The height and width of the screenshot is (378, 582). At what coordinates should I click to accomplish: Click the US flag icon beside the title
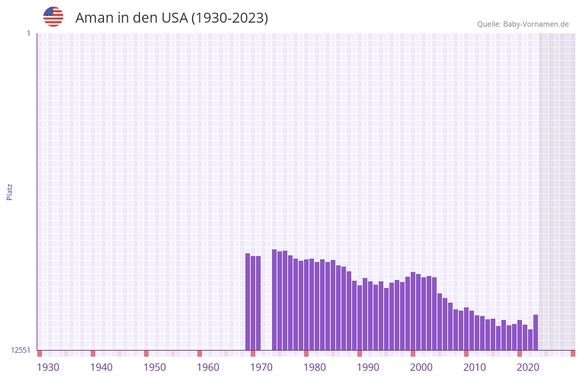click(x=53, y=17)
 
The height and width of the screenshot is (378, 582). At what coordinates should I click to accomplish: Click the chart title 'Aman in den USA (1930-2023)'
click(x=171, y=18)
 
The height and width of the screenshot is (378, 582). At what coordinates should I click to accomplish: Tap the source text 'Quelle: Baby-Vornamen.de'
click(x=523, y=24)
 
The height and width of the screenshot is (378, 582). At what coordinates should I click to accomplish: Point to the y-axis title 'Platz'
click(x=9, y=191)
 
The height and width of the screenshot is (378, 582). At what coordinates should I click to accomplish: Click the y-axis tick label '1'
click(x=28, y=33)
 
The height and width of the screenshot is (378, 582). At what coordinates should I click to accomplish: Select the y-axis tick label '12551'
click(x=21, y=350)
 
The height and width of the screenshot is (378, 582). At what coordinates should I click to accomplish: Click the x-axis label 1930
click(x=48, y=367)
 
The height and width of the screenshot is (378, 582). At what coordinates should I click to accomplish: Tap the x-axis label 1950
click(x=155, y=367)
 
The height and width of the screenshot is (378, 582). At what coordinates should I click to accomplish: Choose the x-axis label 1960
click(x=208, y=367)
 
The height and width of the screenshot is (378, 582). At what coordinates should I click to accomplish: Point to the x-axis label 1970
click(x=261, y=367)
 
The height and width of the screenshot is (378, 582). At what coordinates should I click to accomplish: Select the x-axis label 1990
click(x=368, y=367)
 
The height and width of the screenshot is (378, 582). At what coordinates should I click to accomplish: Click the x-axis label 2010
click(x=475, y=367)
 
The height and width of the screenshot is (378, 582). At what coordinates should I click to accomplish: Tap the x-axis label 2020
click(x=528, y=367)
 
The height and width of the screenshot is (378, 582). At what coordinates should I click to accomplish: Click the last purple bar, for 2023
click(x=535, y=333)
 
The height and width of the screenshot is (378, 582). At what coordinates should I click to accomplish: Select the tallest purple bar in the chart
click(x=274, y=300)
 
